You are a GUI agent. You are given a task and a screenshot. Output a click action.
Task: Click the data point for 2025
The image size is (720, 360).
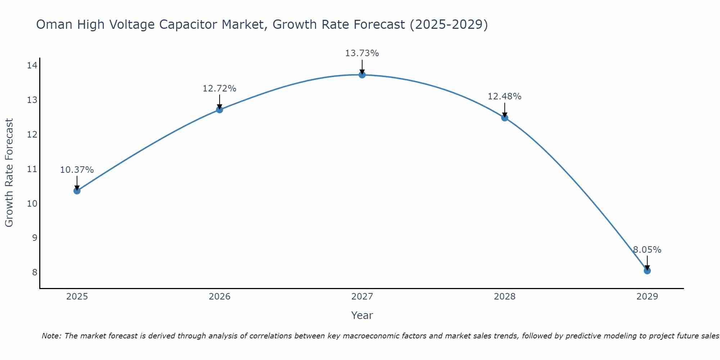pos(77,190)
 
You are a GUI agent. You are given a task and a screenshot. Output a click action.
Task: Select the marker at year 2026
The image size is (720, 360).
pos(220,109)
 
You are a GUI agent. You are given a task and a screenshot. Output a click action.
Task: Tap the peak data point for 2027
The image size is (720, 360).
pos(362,75)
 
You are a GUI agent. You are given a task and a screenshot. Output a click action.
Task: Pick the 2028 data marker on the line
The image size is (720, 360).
pos(505,117)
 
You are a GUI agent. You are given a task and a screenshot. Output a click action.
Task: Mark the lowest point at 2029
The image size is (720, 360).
pos(647,270)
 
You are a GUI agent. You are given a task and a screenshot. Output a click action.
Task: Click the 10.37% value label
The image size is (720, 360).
pos(77,170)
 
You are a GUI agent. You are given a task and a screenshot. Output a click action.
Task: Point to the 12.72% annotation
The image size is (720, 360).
pos(220,89)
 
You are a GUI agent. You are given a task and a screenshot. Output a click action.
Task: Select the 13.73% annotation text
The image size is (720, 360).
pos(362,53)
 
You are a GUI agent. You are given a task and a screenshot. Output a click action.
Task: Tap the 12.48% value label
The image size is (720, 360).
pos(505,96)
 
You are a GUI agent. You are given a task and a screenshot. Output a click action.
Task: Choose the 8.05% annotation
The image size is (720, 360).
pos(647,250)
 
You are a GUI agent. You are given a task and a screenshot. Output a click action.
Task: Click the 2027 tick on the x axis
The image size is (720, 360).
pos(362,297)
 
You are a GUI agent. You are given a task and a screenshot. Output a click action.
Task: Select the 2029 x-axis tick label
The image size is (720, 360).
pos(647,297)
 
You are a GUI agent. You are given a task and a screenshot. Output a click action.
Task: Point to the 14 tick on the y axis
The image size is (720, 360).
pos(32,65)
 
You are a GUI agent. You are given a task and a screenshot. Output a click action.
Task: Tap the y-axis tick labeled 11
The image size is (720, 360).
pos(32,169)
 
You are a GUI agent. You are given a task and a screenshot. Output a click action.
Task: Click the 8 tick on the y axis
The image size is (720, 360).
pos(35,272)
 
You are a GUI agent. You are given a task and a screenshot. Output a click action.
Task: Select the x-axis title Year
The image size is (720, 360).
pos(362,315)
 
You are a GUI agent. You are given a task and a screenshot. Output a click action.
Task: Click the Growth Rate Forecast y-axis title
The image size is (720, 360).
pos(9,173)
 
